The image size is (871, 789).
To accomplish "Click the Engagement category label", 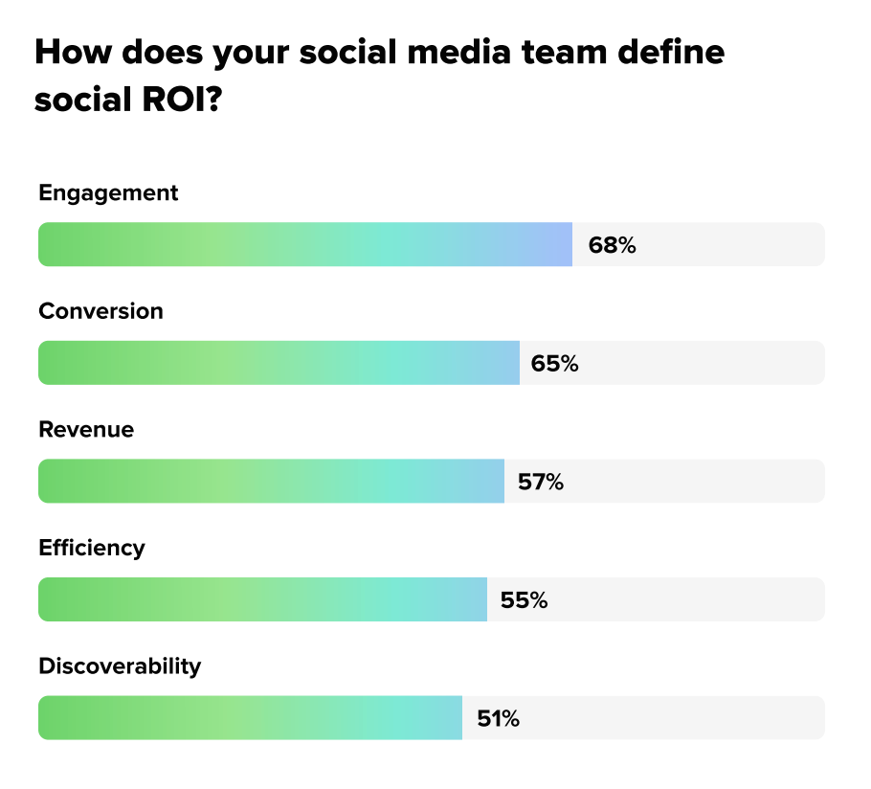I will pos(108,192).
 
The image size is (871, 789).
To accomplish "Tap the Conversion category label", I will pos(100,311).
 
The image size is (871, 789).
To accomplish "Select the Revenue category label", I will pos(86,430).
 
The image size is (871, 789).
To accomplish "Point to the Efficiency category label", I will pos(92,548).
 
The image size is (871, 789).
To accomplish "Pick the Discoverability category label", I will pos(120,666).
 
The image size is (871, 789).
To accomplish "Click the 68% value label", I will pos(613,245).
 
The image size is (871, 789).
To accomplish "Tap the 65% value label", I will pos(555,364).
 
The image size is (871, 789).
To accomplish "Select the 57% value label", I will pos(541,483).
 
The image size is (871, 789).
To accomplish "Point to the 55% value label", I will pos(524,600).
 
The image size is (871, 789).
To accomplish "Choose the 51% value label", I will pos(499,719).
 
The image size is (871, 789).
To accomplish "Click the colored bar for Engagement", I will pos(304,245).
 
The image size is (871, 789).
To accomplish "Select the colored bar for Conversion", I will pos(279,364).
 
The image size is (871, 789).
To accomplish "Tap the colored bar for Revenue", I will pos(271,482).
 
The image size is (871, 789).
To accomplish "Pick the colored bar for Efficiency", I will pos(262,600).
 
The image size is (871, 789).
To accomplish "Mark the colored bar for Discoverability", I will pos(250,718).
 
